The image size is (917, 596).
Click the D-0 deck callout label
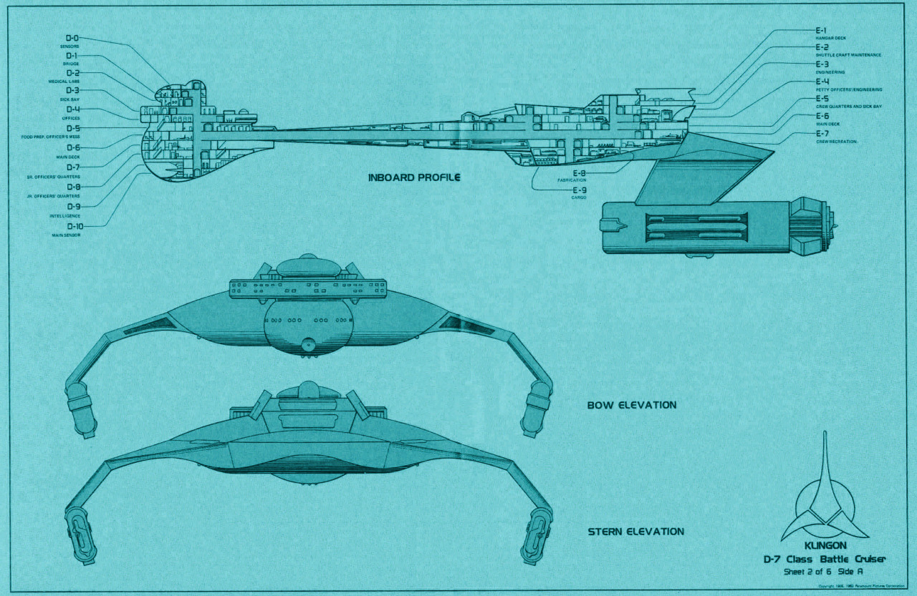72,39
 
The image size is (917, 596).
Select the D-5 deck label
72,129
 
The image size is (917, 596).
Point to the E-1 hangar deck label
822,31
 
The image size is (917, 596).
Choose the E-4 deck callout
822,82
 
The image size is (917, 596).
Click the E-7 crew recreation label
822,134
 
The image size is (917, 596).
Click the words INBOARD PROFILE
414,177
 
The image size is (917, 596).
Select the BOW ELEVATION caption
632,405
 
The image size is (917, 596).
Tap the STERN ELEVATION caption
636,532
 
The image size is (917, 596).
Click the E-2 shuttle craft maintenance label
822,47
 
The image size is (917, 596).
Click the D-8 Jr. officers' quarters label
72,187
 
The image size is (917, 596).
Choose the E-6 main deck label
822,116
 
